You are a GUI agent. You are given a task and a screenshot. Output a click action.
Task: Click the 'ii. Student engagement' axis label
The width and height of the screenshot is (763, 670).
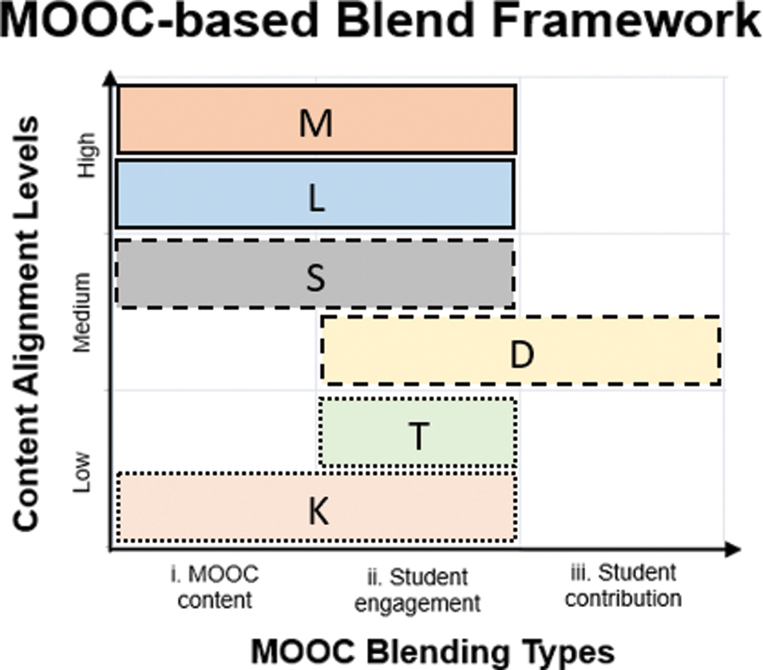tap(417, 589)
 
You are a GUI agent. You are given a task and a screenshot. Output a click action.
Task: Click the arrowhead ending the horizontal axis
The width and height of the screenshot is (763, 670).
tap(733, 549)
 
